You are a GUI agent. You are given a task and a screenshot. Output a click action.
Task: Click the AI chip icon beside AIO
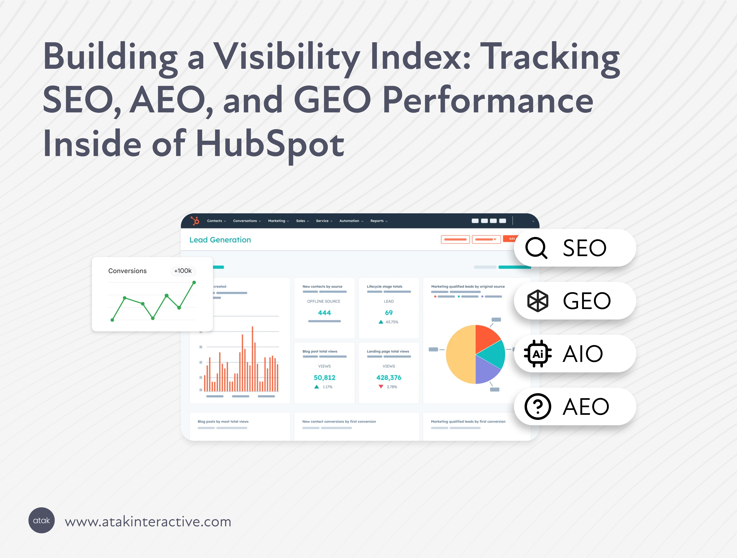click(x=538, y=353)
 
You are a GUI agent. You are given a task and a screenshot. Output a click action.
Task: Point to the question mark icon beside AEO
click(x=538, y=406)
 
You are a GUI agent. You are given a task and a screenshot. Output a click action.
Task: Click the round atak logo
click(x=42, y=520)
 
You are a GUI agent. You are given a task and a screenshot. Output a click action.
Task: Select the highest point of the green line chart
click(x=194, y=283)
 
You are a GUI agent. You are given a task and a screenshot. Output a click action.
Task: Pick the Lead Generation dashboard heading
click(x=220, y=240)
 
